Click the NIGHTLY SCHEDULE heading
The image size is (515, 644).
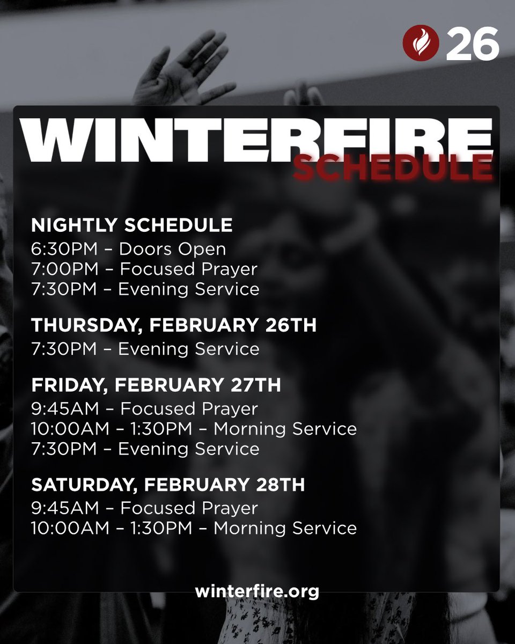coord(132,225)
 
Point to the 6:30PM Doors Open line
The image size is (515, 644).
coord(128,249)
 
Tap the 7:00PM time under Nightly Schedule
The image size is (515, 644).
coord(64,269)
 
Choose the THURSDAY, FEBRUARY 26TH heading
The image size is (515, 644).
coord(174,325)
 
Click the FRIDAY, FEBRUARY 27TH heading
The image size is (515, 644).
coord(156,385)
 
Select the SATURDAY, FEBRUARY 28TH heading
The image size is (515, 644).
coord(168,485)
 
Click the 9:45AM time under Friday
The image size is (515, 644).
coord(65,409)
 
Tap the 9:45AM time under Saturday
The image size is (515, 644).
coord(65,508)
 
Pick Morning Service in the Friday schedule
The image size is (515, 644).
coord(285,429)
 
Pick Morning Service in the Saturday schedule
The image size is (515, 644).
coord(285,528)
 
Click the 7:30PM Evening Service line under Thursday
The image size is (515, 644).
coord(145,349)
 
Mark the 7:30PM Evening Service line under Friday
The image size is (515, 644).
coord(145,449)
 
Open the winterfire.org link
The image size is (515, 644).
coord(257,591)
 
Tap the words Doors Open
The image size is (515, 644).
coord(172,249)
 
